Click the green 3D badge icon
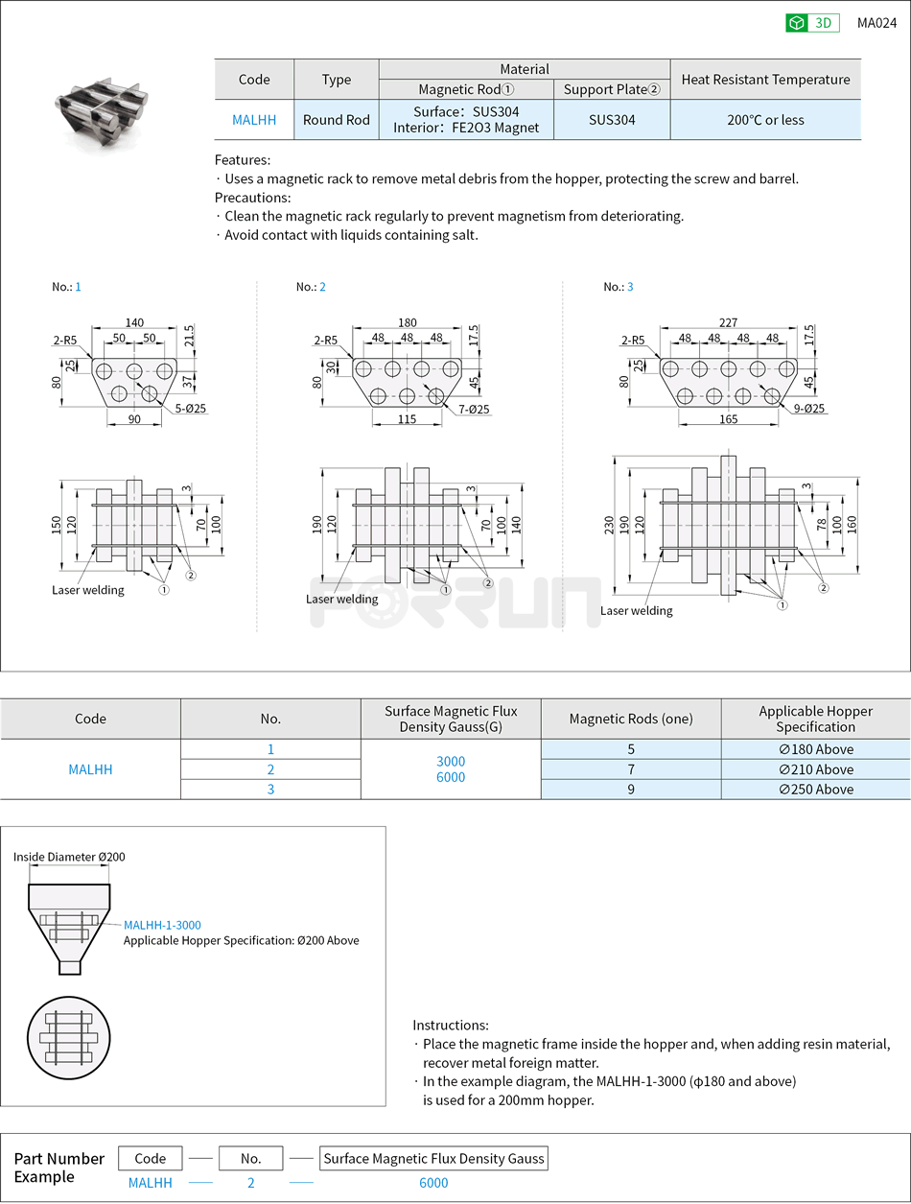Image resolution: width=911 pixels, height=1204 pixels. (797, 23)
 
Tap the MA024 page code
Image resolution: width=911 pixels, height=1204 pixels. (876, 23)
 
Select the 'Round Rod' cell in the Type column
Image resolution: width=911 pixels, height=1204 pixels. (337, 120)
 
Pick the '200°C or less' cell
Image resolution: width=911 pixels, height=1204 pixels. (765, 120)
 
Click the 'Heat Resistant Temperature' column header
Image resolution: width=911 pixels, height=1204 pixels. (765, 80)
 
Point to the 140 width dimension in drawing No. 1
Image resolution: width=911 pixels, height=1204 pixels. (133, 323)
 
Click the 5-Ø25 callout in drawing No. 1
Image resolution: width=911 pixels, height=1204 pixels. (192, 410)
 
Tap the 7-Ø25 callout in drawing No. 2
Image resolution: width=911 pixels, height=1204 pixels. (474, 410)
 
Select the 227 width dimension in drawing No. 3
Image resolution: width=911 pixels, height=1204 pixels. (728, 323)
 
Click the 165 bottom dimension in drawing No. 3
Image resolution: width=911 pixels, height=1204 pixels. (728, 419)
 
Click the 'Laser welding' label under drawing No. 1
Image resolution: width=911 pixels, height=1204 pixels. (88, 590)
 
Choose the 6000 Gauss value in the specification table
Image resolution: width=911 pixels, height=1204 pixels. (451, 777)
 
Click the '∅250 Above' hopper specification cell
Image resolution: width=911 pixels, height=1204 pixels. (815, 790)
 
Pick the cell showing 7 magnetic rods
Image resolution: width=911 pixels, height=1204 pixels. (631, 769)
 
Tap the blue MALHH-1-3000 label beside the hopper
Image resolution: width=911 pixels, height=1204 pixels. (162, 925)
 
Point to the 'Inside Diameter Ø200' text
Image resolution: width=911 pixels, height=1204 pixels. (69, 857)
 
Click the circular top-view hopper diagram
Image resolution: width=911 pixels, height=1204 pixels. (69, 1038)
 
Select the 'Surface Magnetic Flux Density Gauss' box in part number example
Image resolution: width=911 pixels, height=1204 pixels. (433, 1158)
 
